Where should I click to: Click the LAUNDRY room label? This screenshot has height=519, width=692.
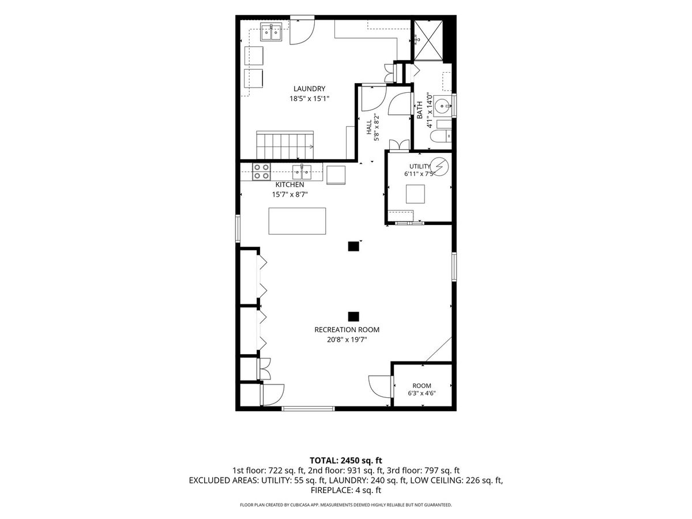pos(309,89)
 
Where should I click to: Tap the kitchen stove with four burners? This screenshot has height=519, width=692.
pos(261,172)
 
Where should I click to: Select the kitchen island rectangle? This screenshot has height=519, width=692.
pos(297,221)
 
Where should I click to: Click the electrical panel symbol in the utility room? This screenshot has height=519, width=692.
pos(439,166)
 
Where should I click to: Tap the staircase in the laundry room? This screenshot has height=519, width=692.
pos(285,145)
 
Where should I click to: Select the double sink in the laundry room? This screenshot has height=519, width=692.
pos(271,32)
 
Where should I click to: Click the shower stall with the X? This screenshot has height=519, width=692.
pos(428,40)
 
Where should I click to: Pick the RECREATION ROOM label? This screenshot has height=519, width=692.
pos(347,330)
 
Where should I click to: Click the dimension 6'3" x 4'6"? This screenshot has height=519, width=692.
pos(422,393)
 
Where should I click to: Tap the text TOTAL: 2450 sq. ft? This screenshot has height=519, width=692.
pos(346,461)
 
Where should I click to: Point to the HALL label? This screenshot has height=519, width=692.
pos(369,127)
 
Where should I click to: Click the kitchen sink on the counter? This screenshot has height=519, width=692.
pos(302,172)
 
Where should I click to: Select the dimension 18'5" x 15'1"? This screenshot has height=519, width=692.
pos(309,99)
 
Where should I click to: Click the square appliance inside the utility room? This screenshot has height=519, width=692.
pos(415,194)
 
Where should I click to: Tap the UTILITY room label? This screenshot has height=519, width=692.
pos(420,166)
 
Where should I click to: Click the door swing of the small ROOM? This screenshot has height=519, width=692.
pos(380,386)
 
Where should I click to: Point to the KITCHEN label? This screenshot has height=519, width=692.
pos(289,185)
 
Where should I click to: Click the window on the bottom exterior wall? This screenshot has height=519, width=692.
pos(308,409)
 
